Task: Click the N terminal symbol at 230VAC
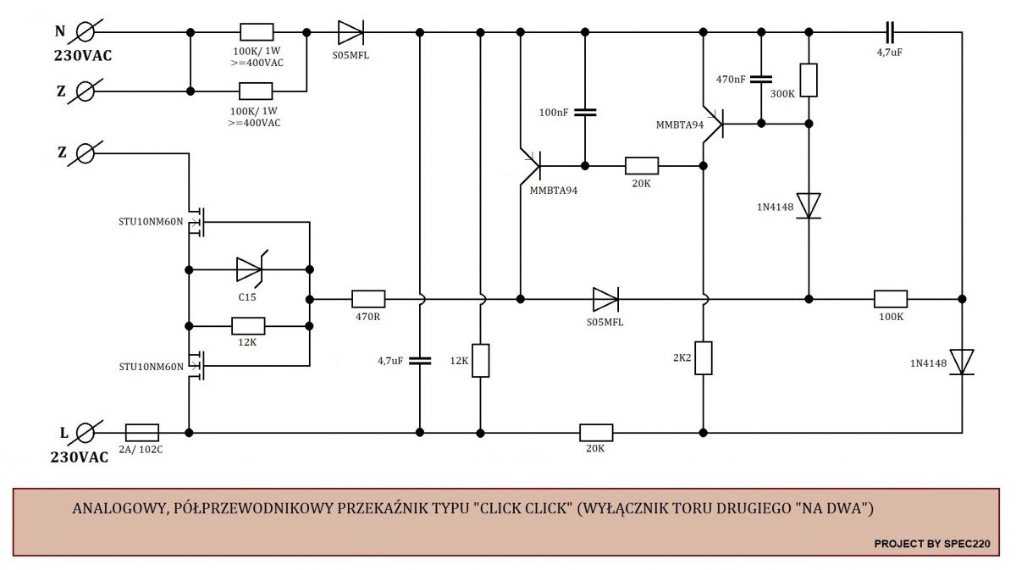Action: (x=85, y=32)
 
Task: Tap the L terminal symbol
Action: (x=85, y=433)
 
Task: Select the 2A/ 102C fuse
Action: (x=142, y=433)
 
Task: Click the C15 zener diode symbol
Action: (x=250, y=269)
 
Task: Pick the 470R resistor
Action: (x=368, y=299)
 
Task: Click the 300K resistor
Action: (x=809, y=80)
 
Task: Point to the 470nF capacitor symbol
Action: (x=760, y=80)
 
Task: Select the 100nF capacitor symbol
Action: (x=585, y=112)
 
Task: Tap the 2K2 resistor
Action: (x=703, y=358)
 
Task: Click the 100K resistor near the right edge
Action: (x=891, y=299)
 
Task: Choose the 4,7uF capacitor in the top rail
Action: (x=890, y=32)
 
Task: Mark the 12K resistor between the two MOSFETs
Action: (x=248, y=326)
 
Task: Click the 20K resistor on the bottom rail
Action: (x=596, y=433)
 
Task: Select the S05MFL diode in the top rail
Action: (x=351, y=32)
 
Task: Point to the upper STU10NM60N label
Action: (x=151, y=221)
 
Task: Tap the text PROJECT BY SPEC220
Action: (x=932, y=544)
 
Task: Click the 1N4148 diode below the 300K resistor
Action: (x=809, y=206)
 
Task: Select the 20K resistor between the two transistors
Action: (x=642, y=166)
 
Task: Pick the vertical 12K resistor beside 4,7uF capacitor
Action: (x=480, y=360)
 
